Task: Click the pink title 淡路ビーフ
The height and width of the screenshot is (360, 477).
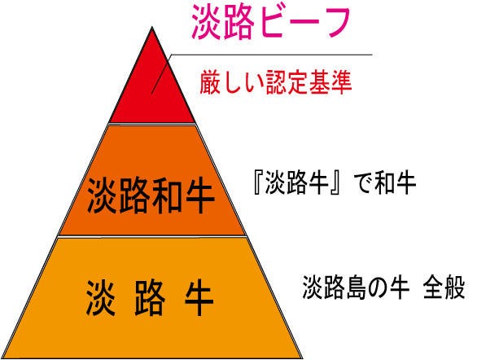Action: [271, 24]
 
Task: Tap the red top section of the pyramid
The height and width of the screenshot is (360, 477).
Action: [152, 91]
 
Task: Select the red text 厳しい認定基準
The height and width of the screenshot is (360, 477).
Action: [276, 82]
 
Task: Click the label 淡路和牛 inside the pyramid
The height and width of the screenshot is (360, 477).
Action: [151, 195]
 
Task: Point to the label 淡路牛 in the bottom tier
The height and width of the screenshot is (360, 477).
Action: [150, 298]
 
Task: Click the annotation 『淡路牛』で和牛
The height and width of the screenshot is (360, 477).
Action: [335, 183]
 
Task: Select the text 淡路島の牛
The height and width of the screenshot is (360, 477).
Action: [356, 288]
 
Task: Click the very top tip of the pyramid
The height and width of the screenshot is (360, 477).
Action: [152, 28]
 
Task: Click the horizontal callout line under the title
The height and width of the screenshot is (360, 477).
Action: [272, 55]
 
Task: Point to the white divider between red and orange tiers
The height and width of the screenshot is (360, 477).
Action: [152, 124]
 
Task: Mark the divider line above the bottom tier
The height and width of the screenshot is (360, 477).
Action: [152, 236]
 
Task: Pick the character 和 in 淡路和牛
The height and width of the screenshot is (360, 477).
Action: [167, 195]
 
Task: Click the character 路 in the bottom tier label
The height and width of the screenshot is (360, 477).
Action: [150, 298]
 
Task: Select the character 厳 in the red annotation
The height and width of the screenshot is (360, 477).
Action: [211, 82]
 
